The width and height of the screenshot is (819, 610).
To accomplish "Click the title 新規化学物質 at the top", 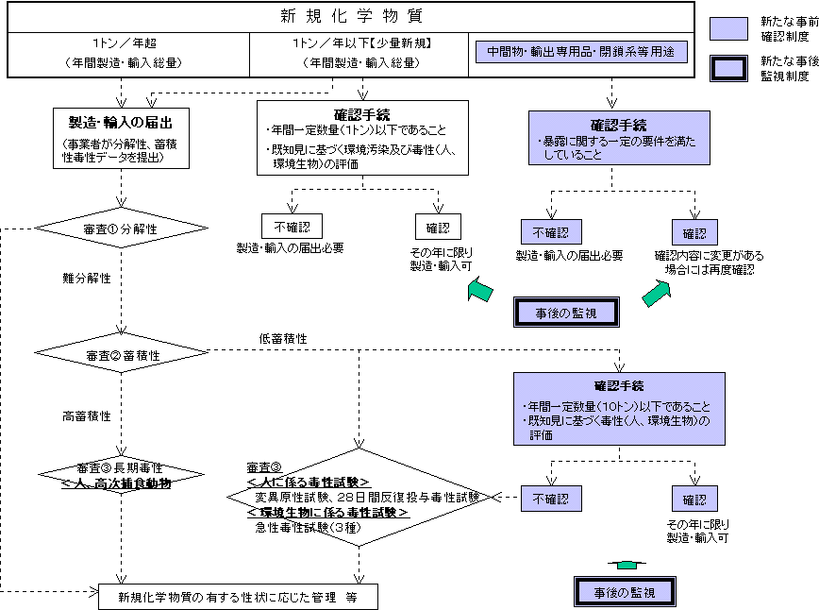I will (352, 16).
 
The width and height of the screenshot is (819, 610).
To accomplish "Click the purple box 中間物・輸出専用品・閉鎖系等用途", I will (580, 52).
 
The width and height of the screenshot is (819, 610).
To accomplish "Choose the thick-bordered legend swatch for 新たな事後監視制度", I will (727, 68).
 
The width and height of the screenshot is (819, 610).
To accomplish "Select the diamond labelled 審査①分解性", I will (121, 229).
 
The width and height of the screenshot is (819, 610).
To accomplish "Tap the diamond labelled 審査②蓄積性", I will (121, 354).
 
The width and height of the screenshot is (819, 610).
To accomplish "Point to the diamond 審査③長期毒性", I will (121, 474).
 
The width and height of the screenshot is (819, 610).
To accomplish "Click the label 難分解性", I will (88, 279).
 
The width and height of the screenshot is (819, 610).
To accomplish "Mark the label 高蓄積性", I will (88, 415).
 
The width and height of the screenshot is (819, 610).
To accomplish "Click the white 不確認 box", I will (292, 226).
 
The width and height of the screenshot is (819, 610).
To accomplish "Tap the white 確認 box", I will (438, 227).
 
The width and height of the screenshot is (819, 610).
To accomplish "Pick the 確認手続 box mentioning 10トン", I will (619, 408).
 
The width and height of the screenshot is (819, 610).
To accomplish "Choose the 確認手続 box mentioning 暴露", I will (619, 138).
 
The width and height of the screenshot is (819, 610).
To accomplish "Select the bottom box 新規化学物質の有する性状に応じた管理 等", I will (238, 597).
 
